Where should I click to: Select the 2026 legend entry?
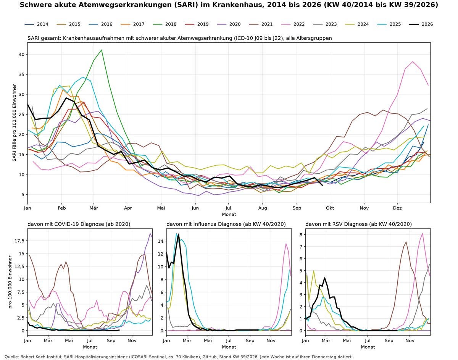tap(421, 24)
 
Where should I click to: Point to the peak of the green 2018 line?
tap(102, 50)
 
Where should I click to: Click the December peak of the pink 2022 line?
tap(413, 61)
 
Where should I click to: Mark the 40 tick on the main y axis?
tap(22, 54)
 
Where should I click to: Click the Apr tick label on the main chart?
tap(128, 208)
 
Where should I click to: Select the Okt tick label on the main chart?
tap(330, 208)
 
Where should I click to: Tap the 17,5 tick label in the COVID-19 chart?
tap(19, 241)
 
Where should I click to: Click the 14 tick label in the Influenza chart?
tap(161, 241)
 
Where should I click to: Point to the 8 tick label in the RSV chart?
tap(301, 234)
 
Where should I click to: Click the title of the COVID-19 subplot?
tap(79, 224)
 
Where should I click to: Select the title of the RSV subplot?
tap(358, 224)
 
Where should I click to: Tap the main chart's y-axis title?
tap(15, 123)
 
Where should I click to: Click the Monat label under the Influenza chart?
tap(229, 347)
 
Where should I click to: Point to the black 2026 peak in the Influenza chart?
tap(179, 234)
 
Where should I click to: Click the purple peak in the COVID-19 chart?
tap(150, 233)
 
